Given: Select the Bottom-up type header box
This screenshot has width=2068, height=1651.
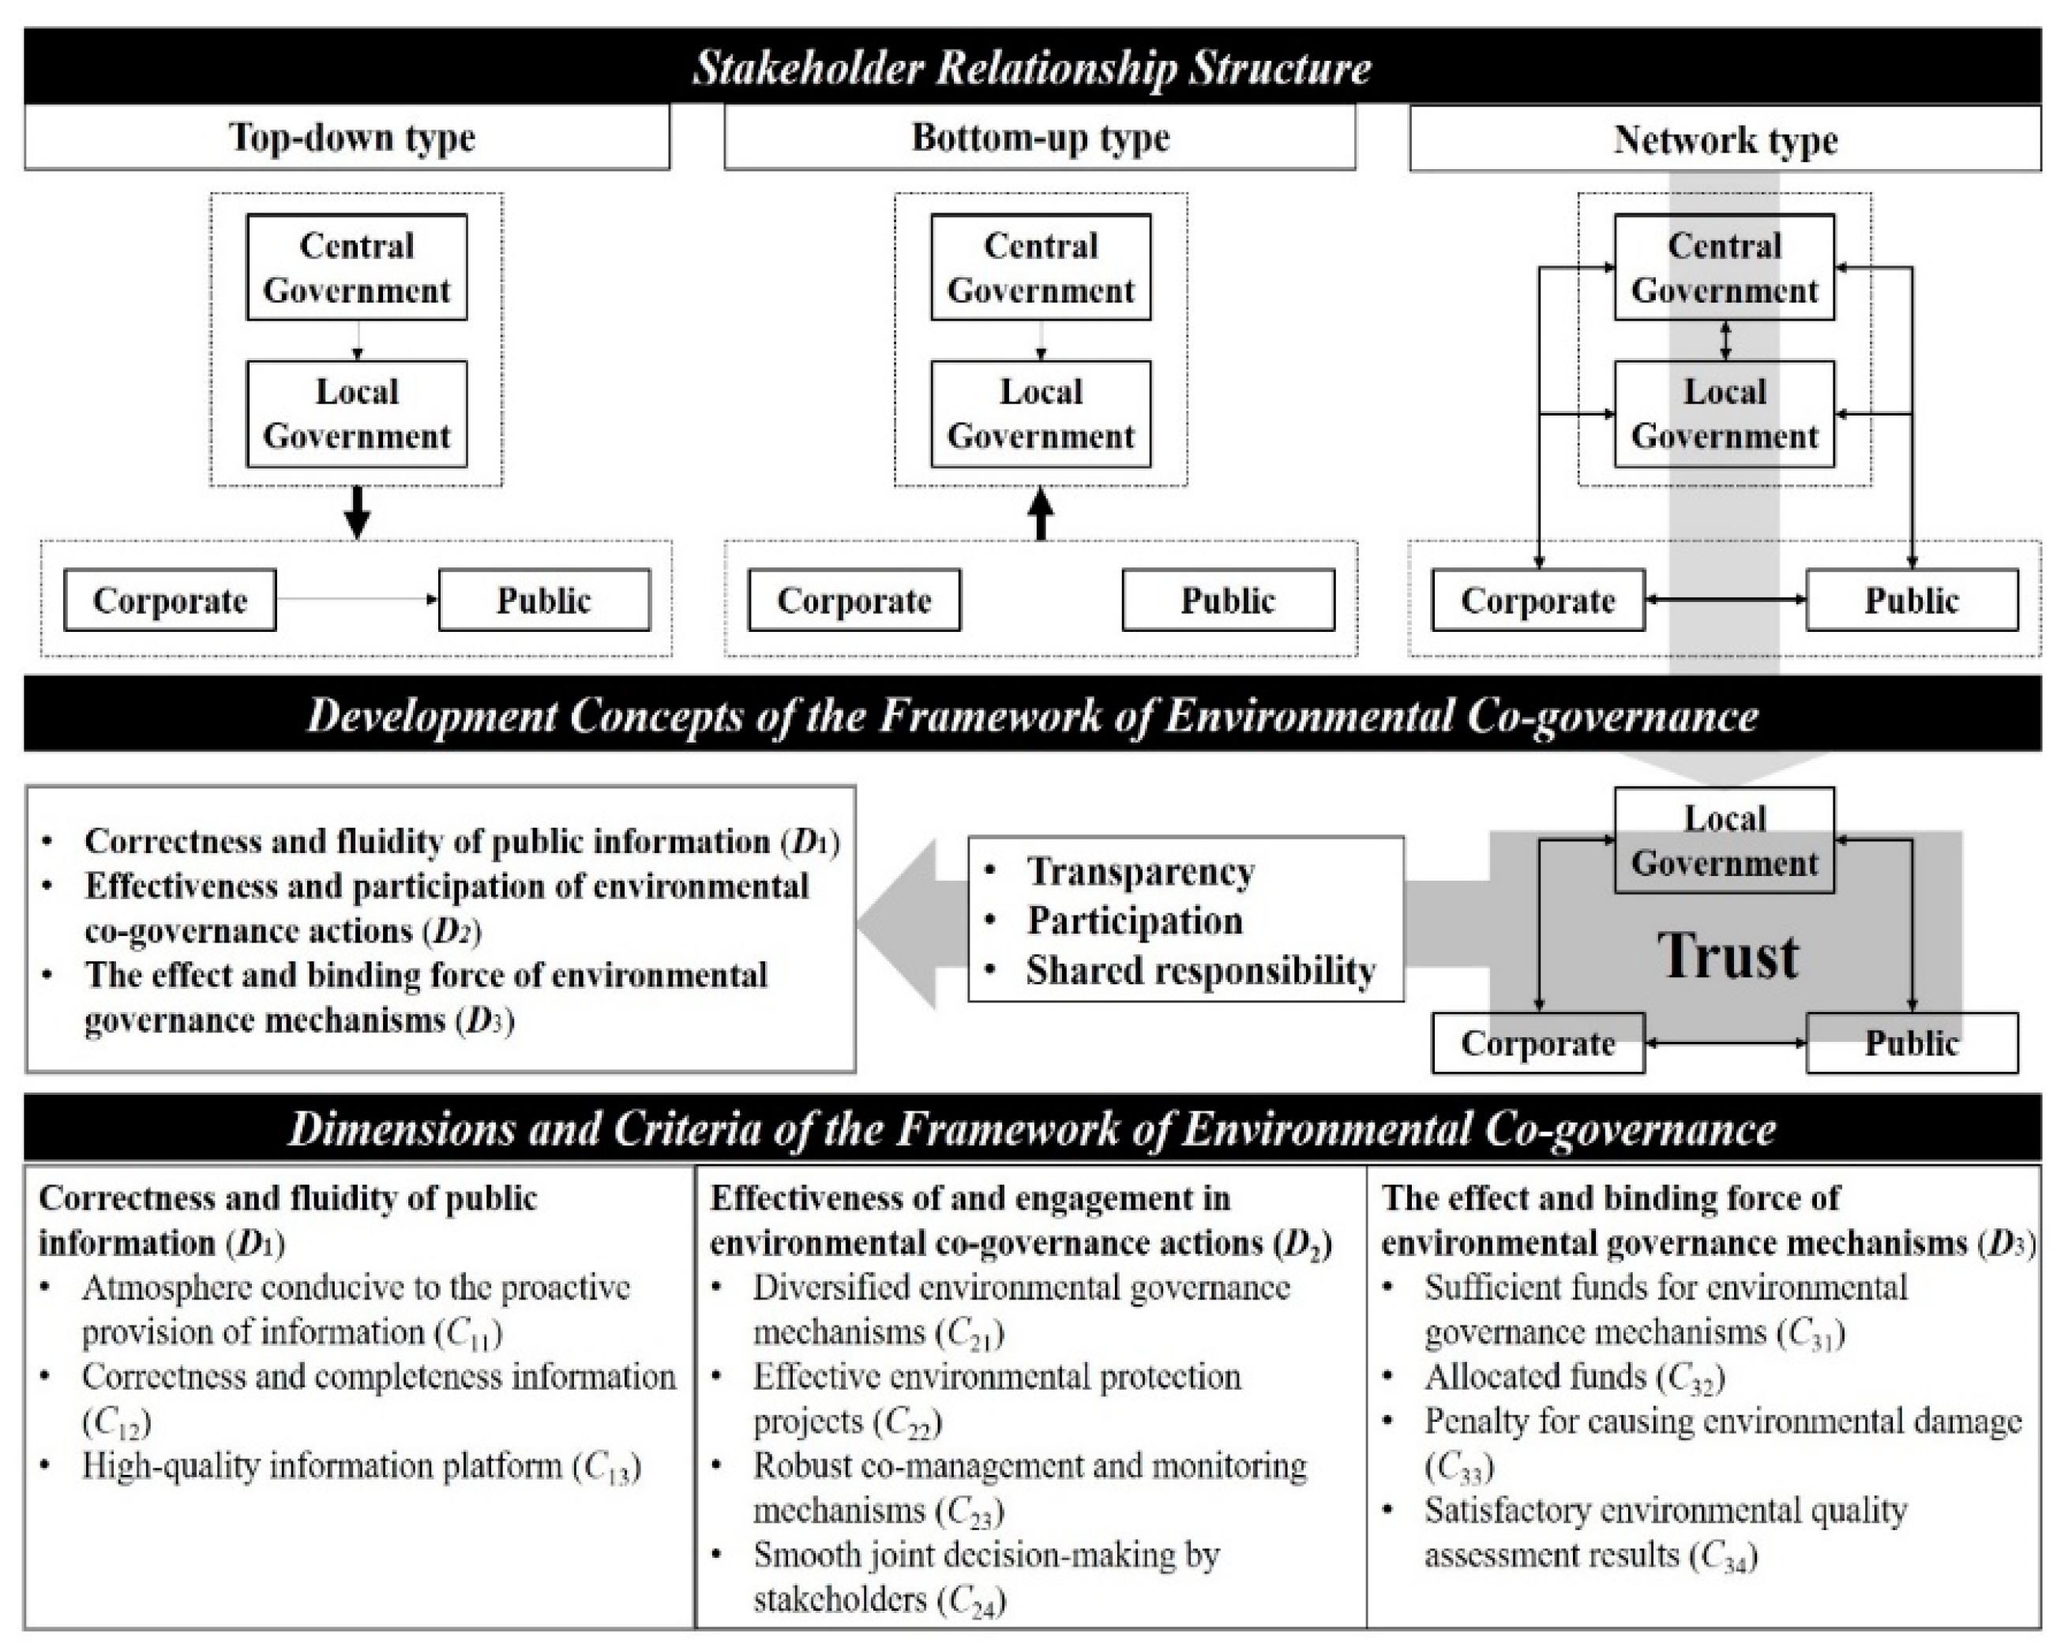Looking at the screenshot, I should click(x=1040, y=137).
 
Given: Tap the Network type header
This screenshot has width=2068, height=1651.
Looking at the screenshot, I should click(x=1725, y=140).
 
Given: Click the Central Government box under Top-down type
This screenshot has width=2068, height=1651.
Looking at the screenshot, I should click(x=357, y=267).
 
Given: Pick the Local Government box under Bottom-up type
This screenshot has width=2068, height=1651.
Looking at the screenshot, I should click(x=1041, y=413).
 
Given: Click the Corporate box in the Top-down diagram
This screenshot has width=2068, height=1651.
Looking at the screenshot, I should click(x=170, y=600).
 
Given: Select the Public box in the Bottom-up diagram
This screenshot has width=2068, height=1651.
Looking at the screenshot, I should click(x=1228, y=600).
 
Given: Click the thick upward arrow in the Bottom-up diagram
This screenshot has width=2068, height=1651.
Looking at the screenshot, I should click(x=1041, y=514).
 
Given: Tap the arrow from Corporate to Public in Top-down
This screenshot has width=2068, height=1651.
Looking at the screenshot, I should click(x=357, y=600).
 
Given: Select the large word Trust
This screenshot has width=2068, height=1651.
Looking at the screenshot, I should click(x=1728, y=956).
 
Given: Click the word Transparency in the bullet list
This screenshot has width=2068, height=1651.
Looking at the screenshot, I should click(x=1140, y=871).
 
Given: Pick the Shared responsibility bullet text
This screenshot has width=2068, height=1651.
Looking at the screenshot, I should click(x=1201, y=971).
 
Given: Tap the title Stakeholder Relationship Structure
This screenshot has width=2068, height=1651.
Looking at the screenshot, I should click(x=1032, y=68).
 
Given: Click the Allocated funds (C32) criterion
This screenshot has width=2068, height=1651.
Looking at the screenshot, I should click(x=1574, y=1377).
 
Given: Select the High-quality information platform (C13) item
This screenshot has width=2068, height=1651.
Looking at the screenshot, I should click(x=360, y=1466).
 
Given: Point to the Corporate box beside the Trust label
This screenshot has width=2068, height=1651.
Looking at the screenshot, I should click(x=1537, y=1044).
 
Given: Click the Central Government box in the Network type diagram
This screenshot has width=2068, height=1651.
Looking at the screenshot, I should click(x=1724, y=267).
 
